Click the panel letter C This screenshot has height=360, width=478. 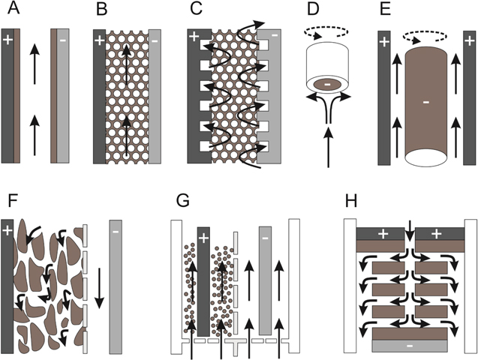[196, 10]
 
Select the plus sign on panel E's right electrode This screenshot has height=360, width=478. [468, 42]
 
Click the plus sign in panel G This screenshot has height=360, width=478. [202, 238]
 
